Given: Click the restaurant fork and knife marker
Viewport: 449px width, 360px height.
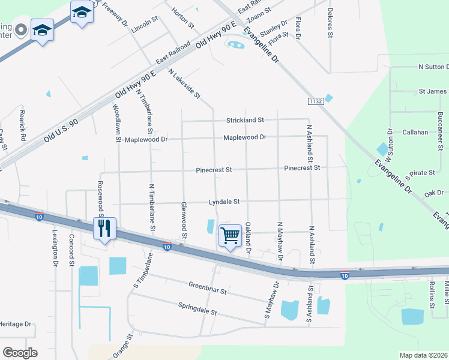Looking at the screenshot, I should click(x=104, y=229).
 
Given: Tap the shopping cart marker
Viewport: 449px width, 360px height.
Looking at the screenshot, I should click(x=231, y=236).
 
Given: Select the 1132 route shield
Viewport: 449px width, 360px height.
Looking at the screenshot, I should click(x=316, y=101).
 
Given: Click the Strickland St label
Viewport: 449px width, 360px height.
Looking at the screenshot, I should click(x=245, y=120).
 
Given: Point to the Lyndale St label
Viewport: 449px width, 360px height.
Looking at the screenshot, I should click(x=224, y=202).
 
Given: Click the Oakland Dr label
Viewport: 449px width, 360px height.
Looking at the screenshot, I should click(x=248, y=238).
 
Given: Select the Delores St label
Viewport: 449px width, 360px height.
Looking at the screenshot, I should click(x=330, y=23).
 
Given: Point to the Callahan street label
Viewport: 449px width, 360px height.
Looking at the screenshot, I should click(x=415, y=132).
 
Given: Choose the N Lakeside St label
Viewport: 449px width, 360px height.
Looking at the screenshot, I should click(x=184, y=83).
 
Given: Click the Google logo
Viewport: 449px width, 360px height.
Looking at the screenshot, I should click(x=20, y=353).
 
